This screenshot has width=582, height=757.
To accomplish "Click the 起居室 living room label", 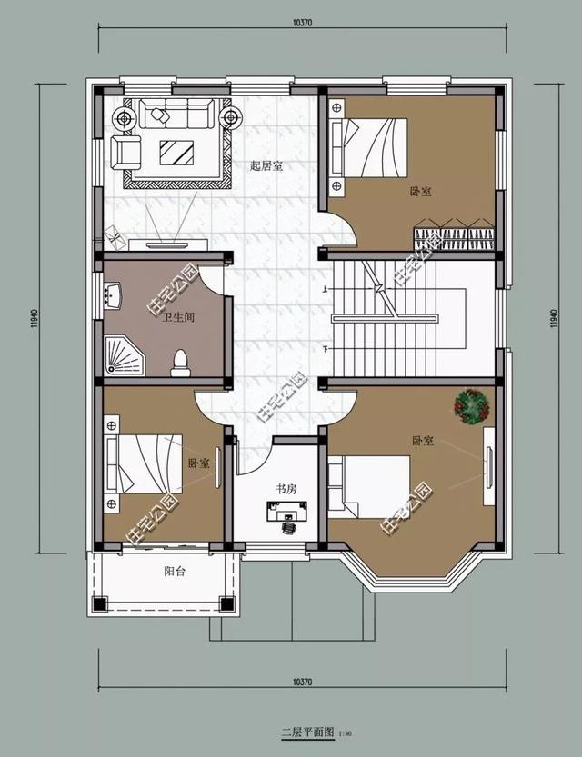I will pyautogui.click(x=266, y=166).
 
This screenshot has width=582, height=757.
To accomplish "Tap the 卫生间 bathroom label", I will pyautogui.click(x=178, y=317).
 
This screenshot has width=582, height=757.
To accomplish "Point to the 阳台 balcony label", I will pyautogui.click(x=175, y=572).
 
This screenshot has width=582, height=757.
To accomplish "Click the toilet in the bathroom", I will pyautogui.click(x=181, y=362).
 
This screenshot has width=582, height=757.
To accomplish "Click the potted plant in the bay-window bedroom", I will pyautogui.click(x=472, y=404).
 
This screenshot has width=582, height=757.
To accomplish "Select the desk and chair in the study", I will pyautogui.click(x=286, y=515).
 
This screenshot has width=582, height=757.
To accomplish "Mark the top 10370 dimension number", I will pyautogui.click(x=303, y=23).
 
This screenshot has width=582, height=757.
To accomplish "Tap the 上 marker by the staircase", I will pyautogui.click(x=325, y=289).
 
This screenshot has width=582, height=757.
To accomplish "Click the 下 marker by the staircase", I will pyautogui.click(x=325, y=349).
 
